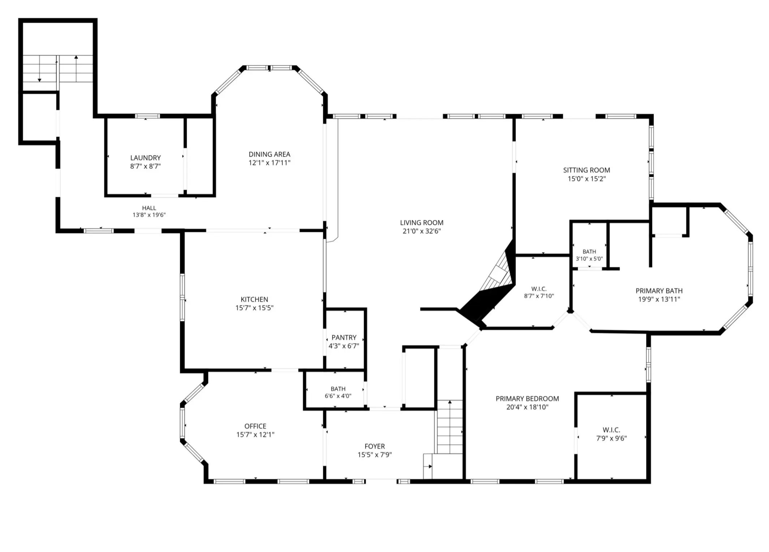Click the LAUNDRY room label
coord(145,158)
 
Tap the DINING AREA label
coord(269,154)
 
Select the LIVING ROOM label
coord(421,223)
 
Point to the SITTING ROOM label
coord(586,170)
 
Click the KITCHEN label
coord(254,299)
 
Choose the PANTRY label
coord(344,337)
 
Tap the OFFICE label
coord(255,426)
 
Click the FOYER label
coord(374,447)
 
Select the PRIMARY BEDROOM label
coord(527,399)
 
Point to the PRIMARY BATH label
coord(659,291)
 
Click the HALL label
coord(149,208)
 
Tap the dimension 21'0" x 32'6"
coord(421,231)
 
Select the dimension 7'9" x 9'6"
coord(611,438)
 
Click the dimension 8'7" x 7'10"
coord(539,296)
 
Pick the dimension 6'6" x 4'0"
coord(338,396)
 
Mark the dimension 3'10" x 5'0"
coord(589,259)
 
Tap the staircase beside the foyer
coord(450,427)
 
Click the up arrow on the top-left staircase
coord(76,69)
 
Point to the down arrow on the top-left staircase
coord(39,69)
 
